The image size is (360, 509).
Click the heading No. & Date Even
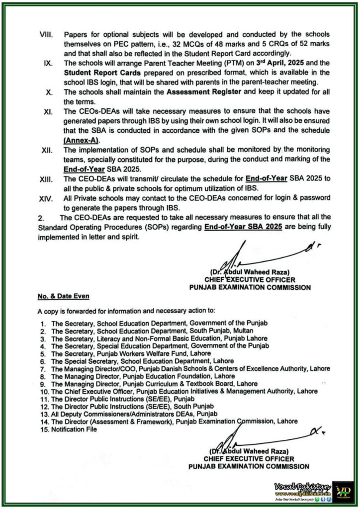pyautogui.click(x=63, y=297)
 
